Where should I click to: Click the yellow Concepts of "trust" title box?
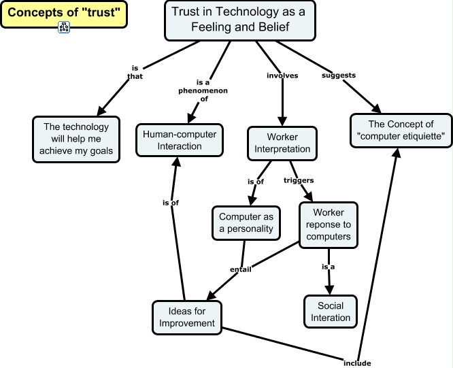[x=64, y=14]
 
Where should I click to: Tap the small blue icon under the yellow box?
[x=64, y=27]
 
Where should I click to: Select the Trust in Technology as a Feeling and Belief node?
[x=240, y=20]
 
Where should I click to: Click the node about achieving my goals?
[x=76, y=139]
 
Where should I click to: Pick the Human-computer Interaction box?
[x=180, y=140]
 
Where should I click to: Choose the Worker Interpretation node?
[x=282, y=144]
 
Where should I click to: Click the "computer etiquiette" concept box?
[x=401, y=131]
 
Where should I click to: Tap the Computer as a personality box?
[x=246, y=223]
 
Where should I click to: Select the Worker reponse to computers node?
[x=329, y=224]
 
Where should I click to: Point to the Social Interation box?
[x=331, y=312]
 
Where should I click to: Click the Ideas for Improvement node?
[x=187, y=318]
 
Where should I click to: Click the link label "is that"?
[x=135, y=72]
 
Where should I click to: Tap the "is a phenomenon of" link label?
[x=203, y=90]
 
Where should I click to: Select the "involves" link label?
[x=282, y=76]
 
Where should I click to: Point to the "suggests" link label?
[x=339, y=75]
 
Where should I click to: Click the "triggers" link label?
[x=299, y=180]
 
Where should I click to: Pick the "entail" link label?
[x=240, y=269]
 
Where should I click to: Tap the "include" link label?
[x=357, y=363]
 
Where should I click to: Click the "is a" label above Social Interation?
[x=329, y=267]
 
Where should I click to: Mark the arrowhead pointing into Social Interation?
[x=329, y=290]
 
